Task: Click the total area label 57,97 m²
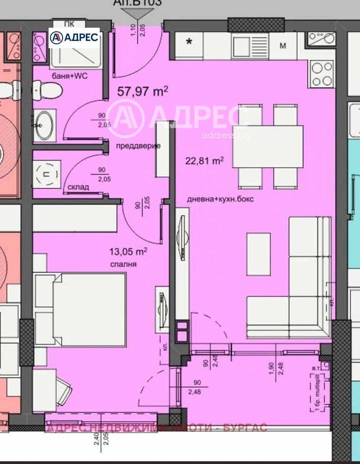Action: (143, 91)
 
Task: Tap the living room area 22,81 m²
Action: (204, 161)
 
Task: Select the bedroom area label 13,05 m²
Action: (128, 252)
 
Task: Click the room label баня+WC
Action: (69, 76)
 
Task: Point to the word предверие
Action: (138, 146)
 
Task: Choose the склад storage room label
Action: (78, 187)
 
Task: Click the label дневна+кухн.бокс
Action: (220, 199)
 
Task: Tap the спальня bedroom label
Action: (123, 264)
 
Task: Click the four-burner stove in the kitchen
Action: (321, 74)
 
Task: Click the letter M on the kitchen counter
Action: (283, 46)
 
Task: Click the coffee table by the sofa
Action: (258, 254)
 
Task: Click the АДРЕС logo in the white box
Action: (74, 38)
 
